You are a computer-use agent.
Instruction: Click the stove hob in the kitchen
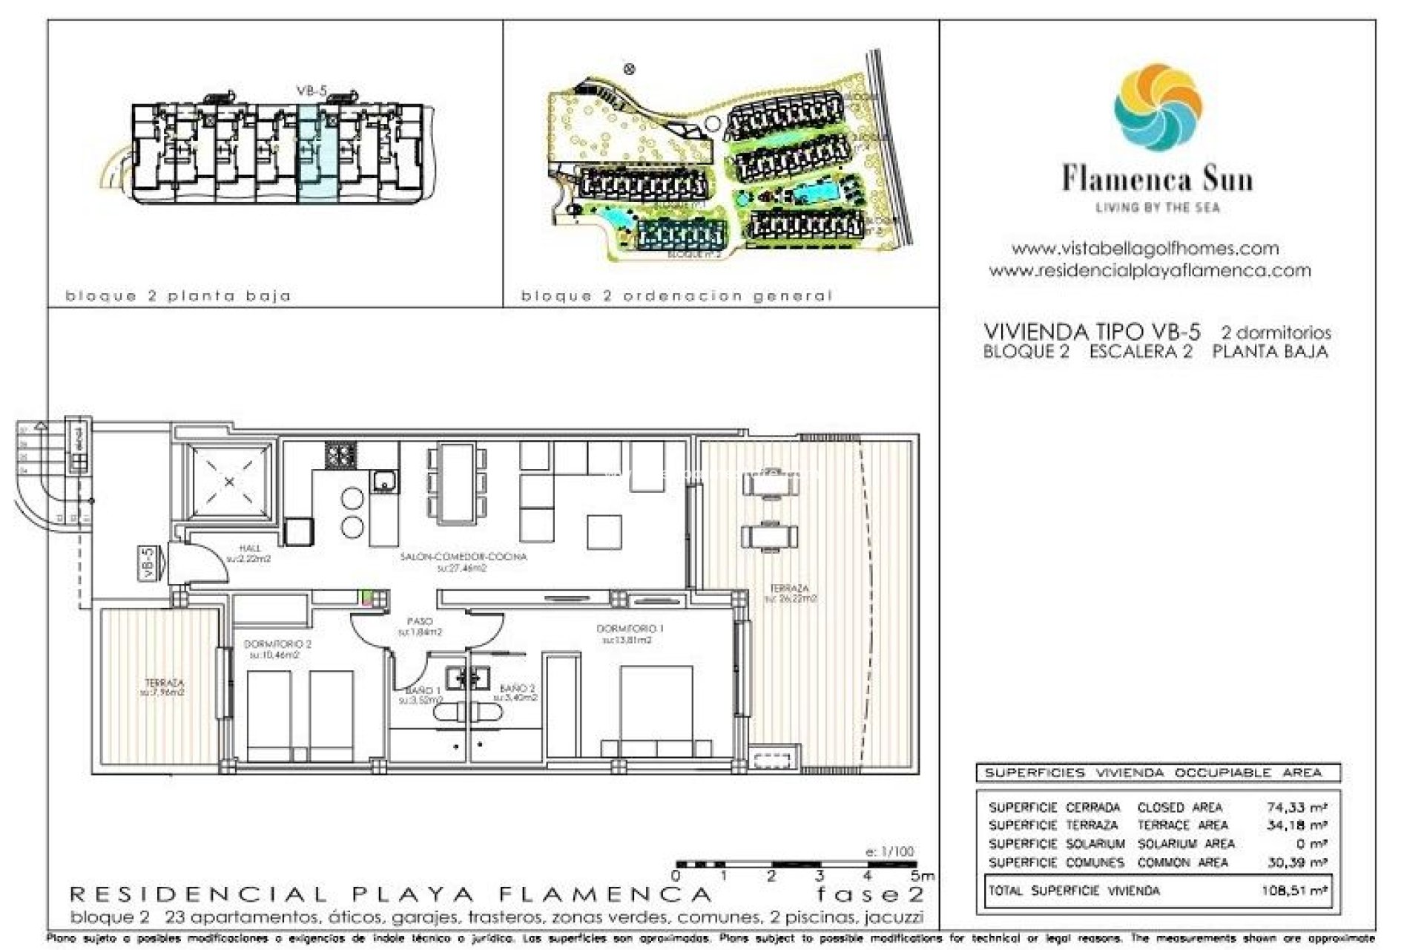340,454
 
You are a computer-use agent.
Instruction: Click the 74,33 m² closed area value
1296,807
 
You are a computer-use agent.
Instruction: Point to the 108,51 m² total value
1293,890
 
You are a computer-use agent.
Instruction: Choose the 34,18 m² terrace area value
1296,825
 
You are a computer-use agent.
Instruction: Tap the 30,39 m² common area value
1296,862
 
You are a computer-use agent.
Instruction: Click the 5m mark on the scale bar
923,876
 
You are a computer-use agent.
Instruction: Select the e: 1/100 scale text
890,851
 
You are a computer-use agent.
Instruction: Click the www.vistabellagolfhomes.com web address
1144,249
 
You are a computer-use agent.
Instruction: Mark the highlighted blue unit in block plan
318,153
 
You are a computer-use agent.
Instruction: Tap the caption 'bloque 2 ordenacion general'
676,296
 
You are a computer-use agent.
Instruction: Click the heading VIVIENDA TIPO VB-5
1092,331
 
